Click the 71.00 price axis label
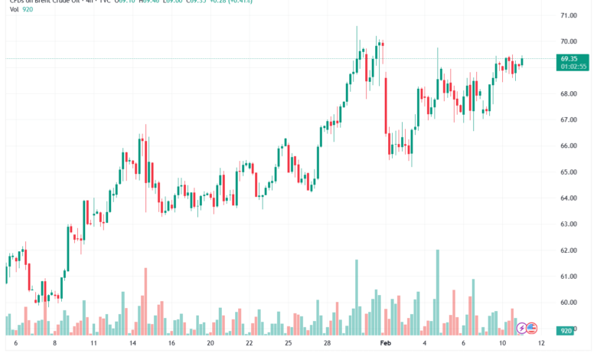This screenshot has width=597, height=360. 568,15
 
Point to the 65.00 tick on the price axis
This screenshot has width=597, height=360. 568,172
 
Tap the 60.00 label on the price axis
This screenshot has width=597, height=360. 568,303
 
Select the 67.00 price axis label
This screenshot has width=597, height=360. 568,119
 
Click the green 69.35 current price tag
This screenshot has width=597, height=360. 569,58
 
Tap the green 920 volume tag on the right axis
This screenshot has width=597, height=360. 567,330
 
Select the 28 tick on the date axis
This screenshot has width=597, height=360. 328,345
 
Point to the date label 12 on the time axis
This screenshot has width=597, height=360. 541,345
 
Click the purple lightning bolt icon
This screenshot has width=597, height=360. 523,328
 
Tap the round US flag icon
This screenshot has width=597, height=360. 533,328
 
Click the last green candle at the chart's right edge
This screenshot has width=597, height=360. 522,61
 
